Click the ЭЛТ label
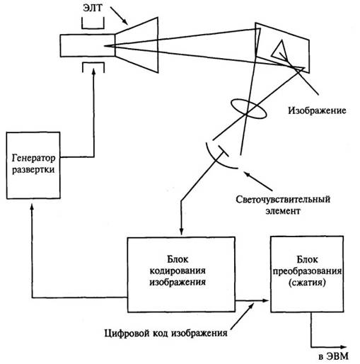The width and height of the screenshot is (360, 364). tap(93, 8)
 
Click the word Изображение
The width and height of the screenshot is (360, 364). tap(317, 110)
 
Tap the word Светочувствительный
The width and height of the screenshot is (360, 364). tap(283, 200)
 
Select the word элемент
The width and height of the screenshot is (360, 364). tap(283, 211)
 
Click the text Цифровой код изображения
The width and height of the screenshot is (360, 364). tap(166, 334)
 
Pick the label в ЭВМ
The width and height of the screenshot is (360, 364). tap(333, 356)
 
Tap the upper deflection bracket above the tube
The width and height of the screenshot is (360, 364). tap(93, 28)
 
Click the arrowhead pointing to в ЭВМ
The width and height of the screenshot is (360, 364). tap(343, 347)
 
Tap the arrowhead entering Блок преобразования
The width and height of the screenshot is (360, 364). tap(265, 300)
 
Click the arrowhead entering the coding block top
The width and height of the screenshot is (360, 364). tap(181, 232)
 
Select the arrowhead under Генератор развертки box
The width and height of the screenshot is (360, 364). tap(33, 205)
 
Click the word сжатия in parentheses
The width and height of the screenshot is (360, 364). tap(307, 283)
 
